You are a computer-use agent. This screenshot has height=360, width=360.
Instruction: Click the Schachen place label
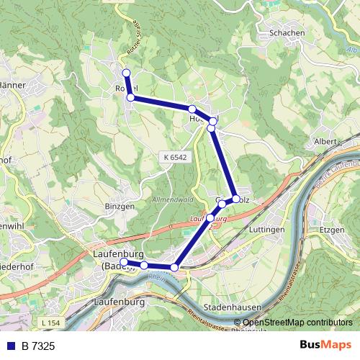point(284,33)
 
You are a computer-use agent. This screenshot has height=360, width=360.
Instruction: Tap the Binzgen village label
point(120,205)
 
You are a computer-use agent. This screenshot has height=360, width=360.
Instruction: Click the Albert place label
point(325,141)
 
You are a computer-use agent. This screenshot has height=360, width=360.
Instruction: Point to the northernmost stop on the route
point(126,73)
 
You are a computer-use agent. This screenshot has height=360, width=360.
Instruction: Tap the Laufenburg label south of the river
point(120,302)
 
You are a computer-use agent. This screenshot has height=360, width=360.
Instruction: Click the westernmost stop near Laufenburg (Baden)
point(127,263)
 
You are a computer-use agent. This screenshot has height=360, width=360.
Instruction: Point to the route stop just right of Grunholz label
point(235,199)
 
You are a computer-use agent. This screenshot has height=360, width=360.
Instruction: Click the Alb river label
point(351,50)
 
